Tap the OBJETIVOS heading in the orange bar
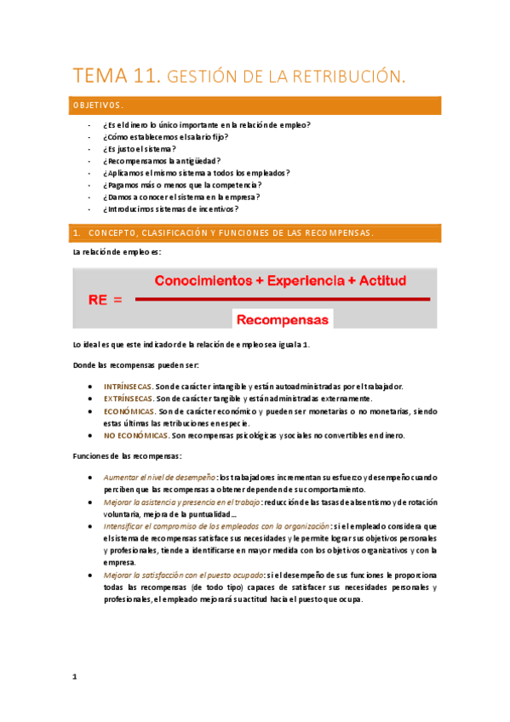point(98,106)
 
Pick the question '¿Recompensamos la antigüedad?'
point(162,160)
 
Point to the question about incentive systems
point(170,209)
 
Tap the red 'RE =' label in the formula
point(105,300)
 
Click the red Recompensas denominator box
point(282,320)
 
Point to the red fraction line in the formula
point(281,299)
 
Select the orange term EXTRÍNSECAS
point(128,398)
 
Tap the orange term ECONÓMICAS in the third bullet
point(129,411)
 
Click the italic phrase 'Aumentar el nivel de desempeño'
point(159,478)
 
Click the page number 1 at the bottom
point(75,677)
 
